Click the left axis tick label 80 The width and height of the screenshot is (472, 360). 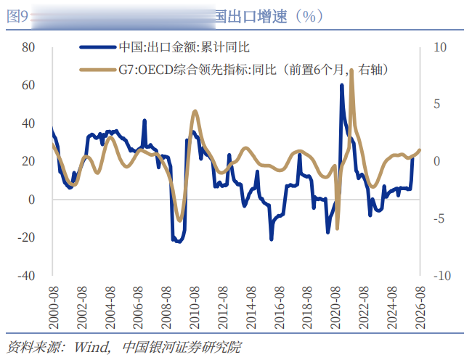pos(28,47)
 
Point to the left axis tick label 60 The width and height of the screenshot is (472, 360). pos(28,85)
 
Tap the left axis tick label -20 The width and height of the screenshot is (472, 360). pos(26,237)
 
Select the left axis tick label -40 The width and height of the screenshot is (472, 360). pos(26,276)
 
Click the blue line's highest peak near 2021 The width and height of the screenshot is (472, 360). pos(342,86)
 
